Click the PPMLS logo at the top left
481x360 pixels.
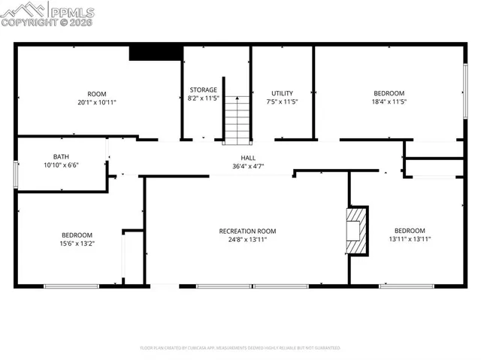click(48, 14)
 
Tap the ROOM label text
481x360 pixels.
click(96, 93)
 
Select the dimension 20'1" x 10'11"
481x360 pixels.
click(96, 102)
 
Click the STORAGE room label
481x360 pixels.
click(203, 89)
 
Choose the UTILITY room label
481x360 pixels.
click(282, 93)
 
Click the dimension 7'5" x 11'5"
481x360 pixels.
click(282, 102)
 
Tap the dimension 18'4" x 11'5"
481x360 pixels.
click(389, 102)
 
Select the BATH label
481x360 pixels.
click(61, 156)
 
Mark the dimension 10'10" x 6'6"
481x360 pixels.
click(61, 165)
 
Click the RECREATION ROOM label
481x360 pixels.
click(247, 231)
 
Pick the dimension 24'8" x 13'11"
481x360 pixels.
click(247, 240)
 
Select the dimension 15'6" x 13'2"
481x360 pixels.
click(77, 244)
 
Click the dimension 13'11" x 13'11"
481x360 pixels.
click(410, 240)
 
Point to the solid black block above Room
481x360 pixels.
click(156, 53)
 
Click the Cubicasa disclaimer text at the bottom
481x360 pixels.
click(240, 348)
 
